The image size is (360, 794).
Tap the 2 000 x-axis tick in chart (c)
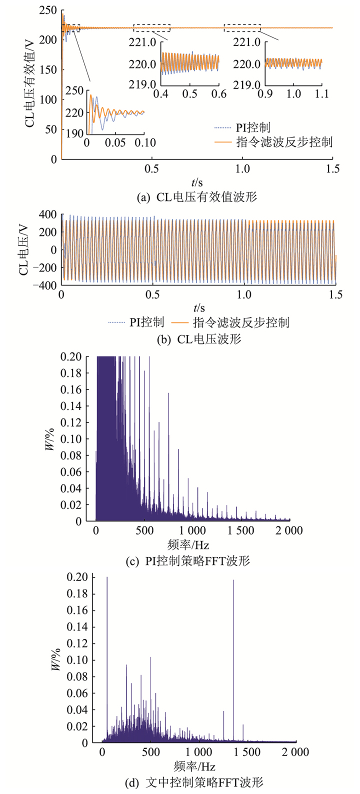[289, 530]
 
